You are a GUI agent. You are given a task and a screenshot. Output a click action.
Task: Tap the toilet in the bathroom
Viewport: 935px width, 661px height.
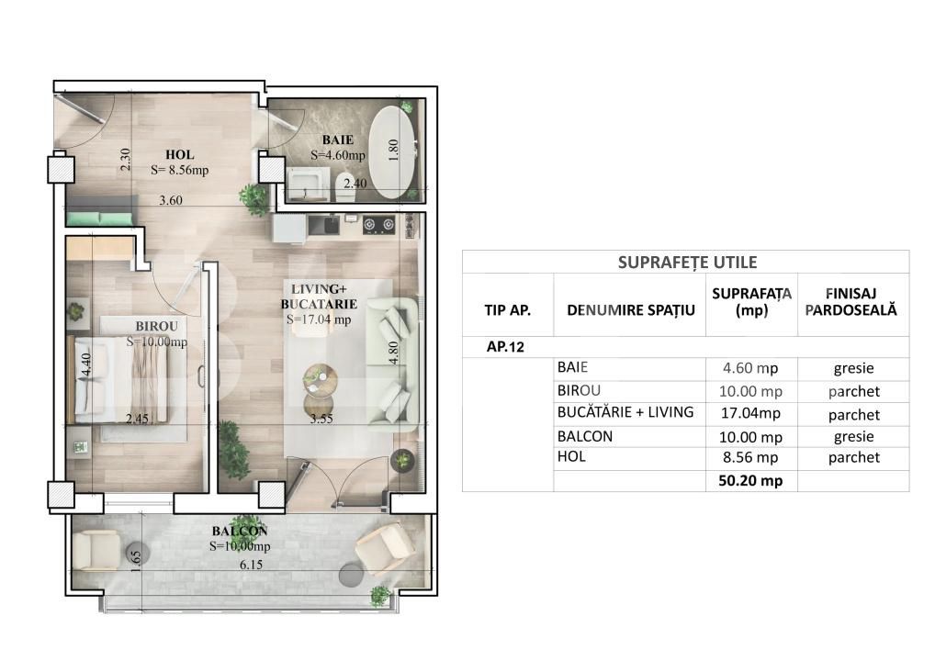pos(344,184)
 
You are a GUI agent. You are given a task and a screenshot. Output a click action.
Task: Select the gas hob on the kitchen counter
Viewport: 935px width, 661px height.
pos(379,225)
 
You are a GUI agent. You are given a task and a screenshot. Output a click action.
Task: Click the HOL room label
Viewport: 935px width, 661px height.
pos(179,155)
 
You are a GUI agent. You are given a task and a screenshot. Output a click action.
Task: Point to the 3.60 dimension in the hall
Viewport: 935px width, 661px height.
pos(171,200)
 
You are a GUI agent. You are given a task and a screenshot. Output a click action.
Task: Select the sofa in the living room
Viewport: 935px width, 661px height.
pos(392,364)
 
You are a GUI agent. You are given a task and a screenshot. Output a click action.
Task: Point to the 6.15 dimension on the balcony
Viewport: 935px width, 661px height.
pos(251,565)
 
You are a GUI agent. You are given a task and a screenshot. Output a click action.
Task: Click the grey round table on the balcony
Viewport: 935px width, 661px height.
pos(351,576)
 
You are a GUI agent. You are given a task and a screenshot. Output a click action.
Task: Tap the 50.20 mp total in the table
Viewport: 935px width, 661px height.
pos(750,480)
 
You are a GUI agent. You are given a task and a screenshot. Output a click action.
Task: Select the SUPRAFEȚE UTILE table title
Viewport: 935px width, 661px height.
pos(688,263)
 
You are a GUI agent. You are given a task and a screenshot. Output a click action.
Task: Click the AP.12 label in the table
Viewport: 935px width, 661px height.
pos(505,347)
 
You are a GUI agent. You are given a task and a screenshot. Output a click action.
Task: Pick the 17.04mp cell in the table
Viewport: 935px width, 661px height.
pos(750,413)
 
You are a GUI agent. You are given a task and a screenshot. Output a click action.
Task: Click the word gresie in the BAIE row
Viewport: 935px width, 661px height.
pos(853,368)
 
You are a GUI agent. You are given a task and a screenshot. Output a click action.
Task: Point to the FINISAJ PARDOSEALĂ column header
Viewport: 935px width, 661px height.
pos(851,302)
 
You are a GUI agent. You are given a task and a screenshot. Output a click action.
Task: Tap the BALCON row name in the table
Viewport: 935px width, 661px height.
pos(585,436)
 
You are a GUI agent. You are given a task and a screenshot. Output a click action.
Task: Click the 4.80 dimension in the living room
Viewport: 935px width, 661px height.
pos(393,353)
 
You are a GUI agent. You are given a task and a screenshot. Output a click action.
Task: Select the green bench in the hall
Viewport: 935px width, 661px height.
pos(99,218)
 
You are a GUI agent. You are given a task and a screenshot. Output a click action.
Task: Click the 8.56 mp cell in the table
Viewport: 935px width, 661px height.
pos(750,458)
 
